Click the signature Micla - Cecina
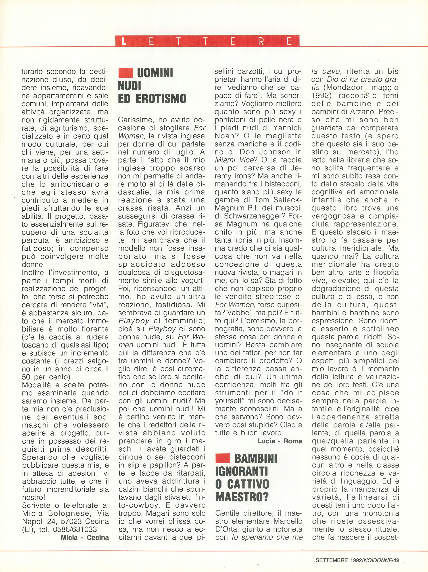[85, 537]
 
